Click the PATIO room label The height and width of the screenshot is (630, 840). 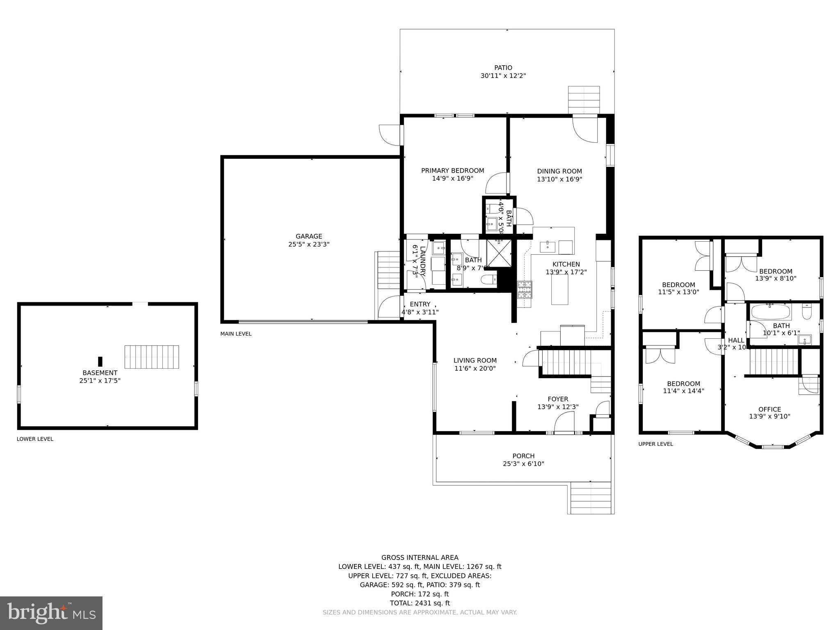(503, 68)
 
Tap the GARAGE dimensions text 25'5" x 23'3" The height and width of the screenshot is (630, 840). (309, 244)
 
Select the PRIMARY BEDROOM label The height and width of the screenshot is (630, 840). (452, 171)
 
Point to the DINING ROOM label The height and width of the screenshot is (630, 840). (559, 171)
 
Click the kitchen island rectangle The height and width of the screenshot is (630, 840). (559, 290)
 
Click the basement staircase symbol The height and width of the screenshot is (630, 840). (152, 357)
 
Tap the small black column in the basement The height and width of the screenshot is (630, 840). (100, 361)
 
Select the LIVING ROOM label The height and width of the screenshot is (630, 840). (475, 361)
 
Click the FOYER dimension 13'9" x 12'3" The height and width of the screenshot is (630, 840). (558, 407)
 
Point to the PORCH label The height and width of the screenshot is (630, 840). (523, 456)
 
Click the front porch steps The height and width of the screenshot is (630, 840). (591, 498)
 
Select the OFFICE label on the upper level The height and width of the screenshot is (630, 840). (769, 409)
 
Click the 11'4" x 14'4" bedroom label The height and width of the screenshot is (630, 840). (683, 391)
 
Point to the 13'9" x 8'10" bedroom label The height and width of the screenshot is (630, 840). (776, 278)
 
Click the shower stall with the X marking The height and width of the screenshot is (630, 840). (499, 253)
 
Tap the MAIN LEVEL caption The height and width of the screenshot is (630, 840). (236, 334)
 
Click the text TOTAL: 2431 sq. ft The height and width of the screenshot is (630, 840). (420, 603)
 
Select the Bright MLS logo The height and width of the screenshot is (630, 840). (51, 613)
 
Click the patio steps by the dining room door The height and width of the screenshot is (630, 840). (584, 100)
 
